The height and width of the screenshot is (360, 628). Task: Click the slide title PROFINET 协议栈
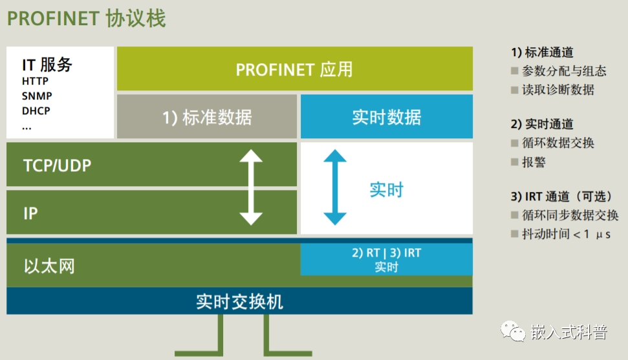86,18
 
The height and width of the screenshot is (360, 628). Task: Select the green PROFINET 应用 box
294,69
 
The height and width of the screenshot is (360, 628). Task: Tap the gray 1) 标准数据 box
206,117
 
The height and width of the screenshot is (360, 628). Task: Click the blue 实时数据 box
386,117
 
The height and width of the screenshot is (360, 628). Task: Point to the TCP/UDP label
57,165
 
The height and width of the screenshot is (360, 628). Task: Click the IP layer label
30,213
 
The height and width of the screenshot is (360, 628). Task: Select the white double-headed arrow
251,187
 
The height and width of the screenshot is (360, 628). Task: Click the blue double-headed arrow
334,187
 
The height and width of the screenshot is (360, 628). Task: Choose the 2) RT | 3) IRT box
386,259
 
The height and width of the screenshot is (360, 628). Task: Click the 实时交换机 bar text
239,301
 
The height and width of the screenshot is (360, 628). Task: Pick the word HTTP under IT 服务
35,81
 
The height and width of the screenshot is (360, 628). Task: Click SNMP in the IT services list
37,96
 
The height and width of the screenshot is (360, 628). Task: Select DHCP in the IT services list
36,111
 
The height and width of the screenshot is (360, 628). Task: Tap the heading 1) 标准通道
542,52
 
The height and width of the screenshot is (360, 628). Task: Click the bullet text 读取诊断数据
558,90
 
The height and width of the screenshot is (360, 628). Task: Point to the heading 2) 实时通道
542,124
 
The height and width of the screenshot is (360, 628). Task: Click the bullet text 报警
534,162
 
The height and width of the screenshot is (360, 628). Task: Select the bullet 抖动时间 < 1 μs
567,234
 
